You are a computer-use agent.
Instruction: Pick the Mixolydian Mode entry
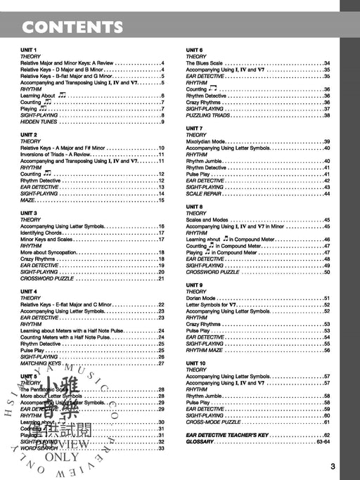click(x=207, y=142)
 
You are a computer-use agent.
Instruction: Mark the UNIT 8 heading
click(x=195, y=207)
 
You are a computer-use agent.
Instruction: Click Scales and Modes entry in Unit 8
click(x=207, y=220)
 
